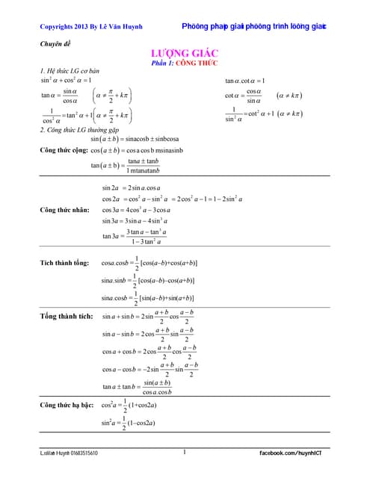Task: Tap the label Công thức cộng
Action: pos(64,150)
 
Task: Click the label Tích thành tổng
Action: pos(64,263)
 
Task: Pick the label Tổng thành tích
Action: pos(67,316)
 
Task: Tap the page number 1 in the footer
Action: pos(184,452)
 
